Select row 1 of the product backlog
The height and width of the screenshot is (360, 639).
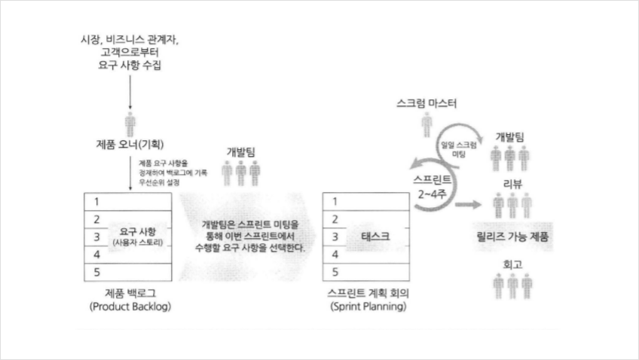pyautogui.click(x=128, y=202)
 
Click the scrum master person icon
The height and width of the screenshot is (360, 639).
pyautogui.click(x=427, y=123)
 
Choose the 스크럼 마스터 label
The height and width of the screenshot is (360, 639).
pyautogui.click(x=427, y=103)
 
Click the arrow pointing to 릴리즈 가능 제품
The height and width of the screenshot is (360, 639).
pyautogui.click(x=468, y=205)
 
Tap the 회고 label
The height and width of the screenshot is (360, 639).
pyautogui.click(x=512, y=265)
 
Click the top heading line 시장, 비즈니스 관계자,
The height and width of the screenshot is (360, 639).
pyautogui.click(x=130, y=38)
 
